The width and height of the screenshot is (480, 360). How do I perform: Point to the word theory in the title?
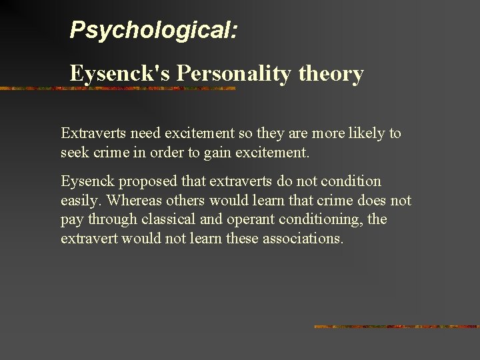point(331,73)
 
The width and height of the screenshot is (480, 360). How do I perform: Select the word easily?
point(80,200)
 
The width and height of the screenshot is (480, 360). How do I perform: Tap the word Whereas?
point(133,200)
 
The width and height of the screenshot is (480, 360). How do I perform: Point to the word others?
point(182,200)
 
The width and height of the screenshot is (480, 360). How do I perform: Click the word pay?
point(71,219)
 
